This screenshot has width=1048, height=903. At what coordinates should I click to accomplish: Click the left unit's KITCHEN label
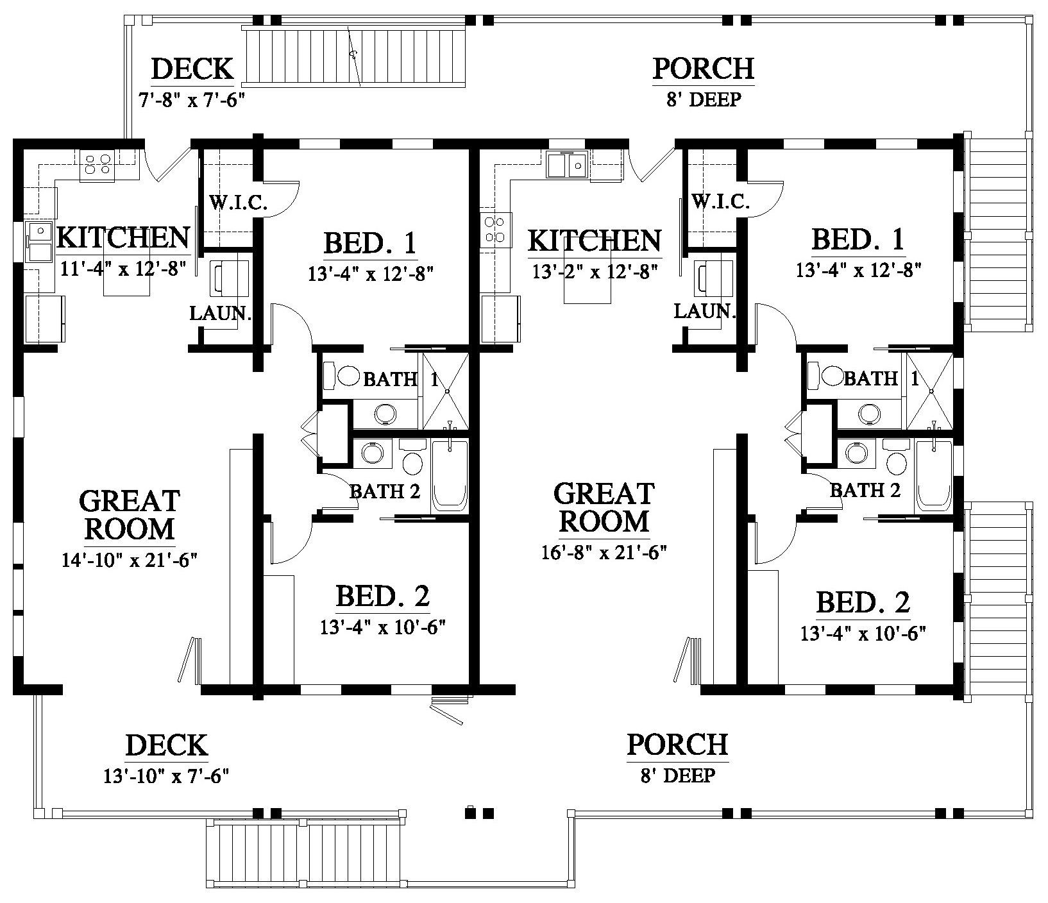tap(124, 238)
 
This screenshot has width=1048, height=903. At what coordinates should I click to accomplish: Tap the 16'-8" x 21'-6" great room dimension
tap(605, 552)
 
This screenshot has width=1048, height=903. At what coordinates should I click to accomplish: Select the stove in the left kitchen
tap(97, 164)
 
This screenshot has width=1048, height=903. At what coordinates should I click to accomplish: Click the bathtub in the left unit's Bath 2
tap(450, 475)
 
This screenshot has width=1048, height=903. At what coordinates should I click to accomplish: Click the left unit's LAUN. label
tap(220, 314)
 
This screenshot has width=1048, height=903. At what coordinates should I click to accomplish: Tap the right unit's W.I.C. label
tap(721, 202)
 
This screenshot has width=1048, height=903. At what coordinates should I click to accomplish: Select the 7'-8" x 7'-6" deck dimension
tap(192, 101)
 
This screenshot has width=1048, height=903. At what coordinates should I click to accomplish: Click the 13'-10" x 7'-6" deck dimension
tap(167, 776)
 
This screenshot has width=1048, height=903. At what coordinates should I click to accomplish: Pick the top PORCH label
tap(703, 69)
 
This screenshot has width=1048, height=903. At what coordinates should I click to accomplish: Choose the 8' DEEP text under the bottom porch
tap(677, 775)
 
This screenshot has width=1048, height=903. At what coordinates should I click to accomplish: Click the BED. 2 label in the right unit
tap(863, 603)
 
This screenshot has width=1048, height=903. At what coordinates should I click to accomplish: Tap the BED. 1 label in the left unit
tap(371, 244)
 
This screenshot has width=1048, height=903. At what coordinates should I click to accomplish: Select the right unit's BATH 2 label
tap(865, 491)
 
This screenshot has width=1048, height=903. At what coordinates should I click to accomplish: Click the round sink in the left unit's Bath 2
tap(372, 453)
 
